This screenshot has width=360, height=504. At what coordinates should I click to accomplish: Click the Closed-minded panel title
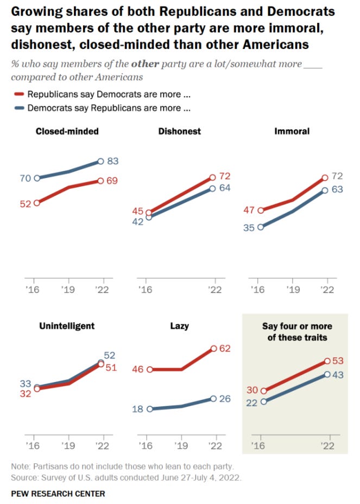tap(67, 131)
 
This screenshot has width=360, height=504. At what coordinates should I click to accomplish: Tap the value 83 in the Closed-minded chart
tap(113, 161)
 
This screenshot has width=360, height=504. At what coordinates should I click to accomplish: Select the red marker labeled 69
tap(102, 181)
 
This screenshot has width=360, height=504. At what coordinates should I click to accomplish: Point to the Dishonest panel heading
tap(179, 131)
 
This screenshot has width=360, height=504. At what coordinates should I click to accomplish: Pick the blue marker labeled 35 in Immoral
tap(261, 227)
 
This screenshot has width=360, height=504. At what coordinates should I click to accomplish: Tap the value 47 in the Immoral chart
tap(249, 209)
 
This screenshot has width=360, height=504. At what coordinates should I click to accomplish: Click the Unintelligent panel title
tap(67, 326)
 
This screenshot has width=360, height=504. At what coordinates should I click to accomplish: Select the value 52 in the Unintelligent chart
tap(109, 355)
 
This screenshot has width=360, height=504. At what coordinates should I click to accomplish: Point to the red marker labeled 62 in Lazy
tap(214, 349)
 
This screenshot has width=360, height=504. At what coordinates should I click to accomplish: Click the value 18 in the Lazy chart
tap(137, 409)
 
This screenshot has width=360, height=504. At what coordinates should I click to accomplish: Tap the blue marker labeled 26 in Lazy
tap(214, 399)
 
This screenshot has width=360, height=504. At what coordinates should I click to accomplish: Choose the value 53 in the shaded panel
tap(339, 361)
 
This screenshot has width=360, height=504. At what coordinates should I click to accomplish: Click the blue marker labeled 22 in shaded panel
tap(264, 401)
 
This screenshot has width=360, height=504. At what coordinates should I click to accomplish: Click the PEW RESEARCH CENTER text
tap(58, 494)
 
